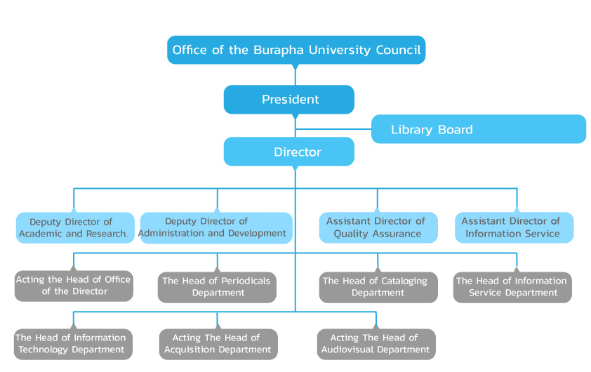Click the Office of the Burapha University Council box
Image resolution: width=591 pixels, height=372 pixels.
[x=296, y=50]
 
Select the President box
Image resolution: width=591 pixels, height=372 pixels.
[x=289, y=100]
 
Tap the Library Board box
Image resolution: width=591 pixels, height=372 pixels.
[x=478, y=129]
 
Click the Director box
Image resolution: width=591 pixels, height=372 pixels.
[x=289, y=152]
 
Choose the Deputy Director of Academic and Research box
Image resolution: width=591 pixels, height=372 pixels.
[x=74, y=227]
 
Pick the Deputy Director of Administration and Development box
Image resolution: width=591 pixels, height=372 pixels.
[x=215, y=227]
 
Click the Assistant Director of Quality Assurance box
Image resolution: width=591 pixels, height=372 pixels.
[x=378, y=227]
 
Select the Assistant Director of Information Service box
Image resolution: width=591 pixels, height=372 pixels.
[x=514, y=227]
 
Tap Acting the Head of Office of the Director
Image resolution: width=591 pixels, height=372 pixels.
[x=74, y=286]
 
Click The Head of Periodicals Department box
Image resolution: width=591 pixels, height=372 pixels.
[x=217, y=287]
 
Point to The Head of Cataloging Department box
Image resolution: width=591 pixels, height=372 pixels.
[x=377, y=287]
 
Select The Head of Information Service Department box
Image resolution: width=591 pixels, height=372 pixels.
[x=512, y=287]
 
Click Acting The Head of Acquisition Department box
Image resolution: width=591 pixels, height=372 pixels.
[x=218, y=344]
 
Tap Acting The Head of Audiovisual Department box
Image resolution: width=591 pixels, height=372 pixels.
[x=376, y=344]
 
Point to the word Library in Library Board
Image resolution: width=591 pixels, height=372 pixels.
[x=412, y=130]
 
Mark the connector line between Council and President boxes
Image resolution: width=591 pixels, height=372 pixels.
[x=295, y=74]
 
